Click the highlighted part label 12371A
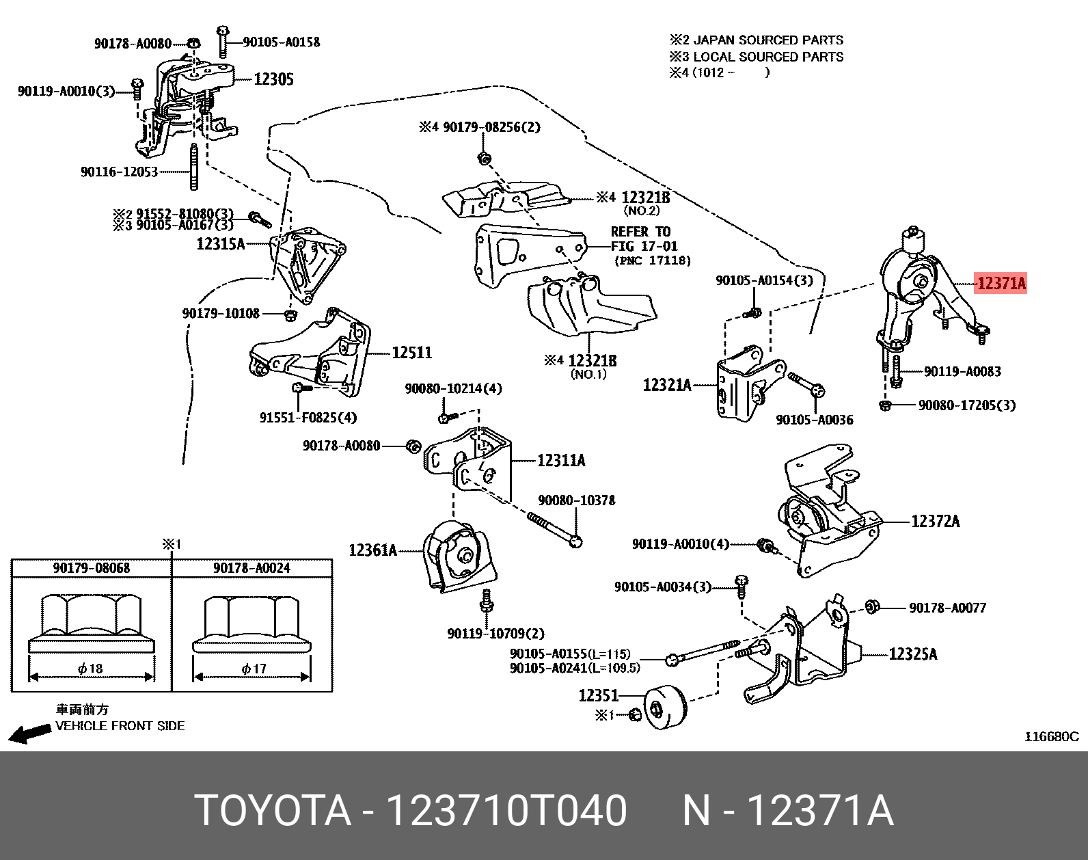pos(1001,283)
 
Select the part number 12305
pos(273,79)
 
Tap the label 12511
pos(411,353)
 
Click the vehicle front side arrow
pos(29,734)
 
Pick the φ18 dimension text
pos(90,668)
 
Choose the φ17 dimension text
pos(254,668)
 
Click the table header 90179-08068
pos(91,568)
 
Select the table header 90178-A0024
pos(251,568)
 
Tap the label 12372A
pos(935,522)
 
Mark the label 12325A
pos(912,654)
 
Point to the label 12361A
pos(372,550)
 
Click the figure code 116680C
pos(1050,736)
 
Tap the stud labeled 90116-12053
pos(194,167)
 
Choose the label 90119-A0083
pos(962,372)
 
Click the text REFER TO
pos(640,232)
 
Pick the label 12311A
pos(561,461)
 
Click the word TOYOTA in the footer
pos(273,811)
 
